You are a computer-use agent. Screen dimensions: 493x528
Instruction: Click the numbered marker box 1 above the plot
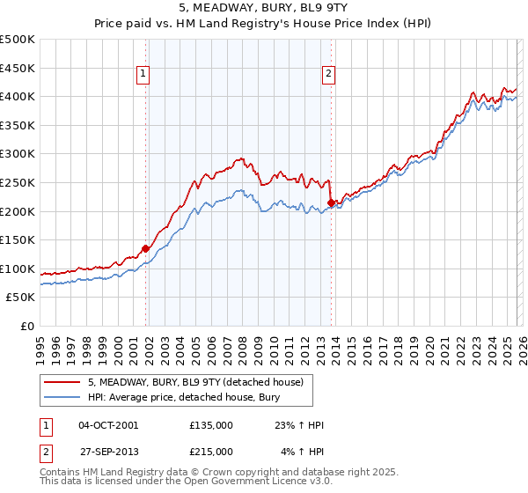pos(143,75)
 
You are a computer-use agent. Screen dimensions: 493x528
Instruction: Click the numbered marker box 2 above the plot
pos(328,75)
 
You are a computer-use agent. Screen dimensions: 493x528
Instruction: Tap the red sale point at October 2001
pos(145,248)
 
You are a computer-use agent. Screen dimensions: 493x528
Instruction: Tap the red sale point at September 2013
pos(331,202)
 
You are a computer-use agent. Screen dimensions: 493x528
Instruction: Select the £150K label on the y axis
pos(18,239)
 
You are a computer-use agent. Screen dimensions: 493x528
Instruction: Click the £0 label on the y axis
pos(27,326)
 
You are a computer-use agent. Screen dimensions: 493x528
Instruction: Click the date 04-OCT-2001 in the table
pos(108,425)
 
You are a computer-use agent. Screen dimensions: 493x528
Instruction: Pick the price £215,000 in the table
pos(211,452)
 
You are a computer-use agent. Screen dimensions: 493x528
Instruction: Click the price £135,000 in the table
pos(211,425)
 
